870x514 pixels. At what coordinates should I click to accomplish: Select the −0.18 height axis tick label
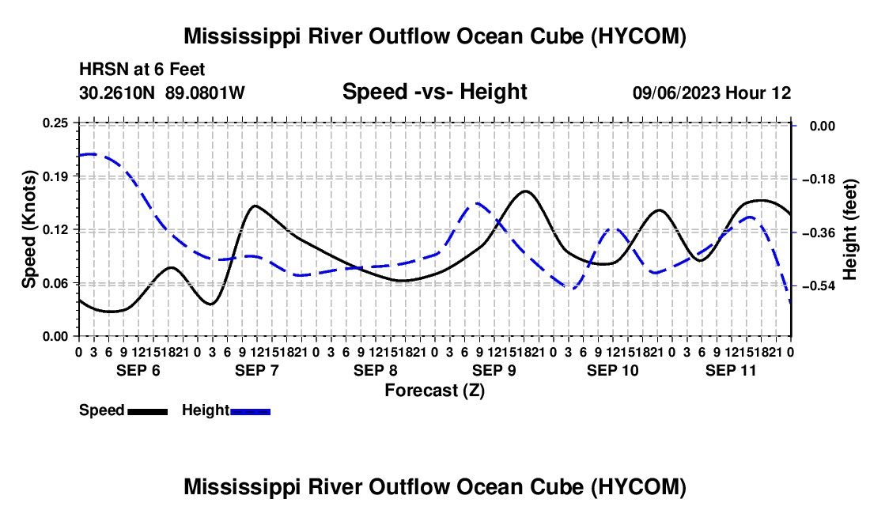[x=819, y=179]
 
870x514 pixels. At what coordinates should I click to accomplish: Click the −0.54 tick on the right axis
[x=819, y=286]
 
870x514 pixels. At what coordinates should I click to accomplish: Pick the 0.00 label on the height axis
[x=823, y=127]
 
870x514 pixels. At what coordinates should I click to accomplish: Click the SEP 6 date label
[x=138, y=370]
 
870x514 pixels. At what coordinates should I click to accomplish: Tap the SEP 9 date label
[x=494, y=370]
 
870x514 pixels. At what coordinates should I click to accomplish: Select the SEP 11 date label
[x=731, y=370]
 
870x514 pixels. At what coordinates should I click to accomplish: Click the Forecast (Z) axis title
[x=435, y=391]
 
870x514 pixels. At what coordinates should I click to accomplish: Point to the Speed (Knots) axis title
[x=29, y=229]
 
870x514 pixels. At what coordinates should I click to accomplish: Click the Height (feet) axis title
[x=850, y=229]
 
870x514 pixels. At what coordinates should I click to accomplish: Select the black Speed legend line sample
[x=148, y=411]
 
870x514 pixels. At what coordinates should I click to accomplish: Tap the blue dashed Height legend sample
[x=250, y=411]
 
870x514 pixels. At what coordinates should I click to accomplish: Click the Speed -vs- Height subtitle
[x=435, y=92]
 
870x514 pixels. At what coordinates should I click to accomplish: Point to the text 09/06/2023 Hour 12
[x=712, y=93]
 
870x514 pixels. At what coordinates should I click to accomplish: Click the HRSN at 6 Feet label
[x=142, y=70]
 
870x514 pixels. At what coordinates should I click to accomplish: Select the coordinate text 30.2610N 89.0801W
[x=162, y=93]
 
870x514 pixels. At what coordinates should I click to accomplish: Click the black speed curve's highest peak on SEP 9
[x=525, y=191]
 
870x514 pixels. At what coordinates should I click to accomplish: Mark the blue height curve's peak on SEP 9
[x=477, y=203]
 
